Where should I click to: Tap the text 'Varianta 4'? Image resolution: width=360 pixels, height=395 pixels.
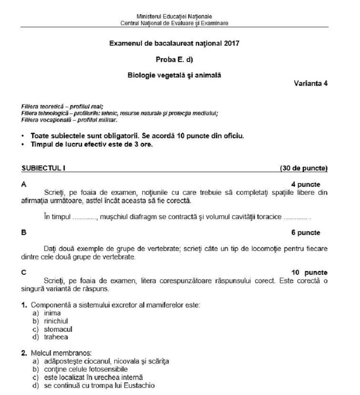coord(311,83)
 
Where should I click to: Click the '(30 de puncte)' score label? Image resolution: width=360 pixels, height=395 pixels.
coord(303,168)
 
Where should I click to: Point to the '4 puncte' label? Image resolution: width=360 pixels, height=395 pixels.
coord(306,184)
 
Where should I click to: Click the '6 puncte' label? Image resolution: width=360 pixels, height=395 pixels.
coord(306,232)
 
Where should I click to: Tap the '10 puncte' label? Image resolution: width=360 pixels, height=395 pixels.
coord(309,272)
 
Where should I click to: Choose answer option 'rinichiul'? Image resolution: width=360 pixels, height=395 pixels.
coord(56,321)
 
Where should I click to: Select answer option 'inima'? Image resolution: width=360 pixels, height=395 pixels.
coord(52,313)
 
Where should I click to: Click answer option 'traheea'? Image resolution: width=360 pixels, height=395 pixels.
coord(56,337)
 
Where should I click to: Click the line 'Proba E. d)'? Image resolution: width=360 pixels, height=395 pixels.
coord(174,59)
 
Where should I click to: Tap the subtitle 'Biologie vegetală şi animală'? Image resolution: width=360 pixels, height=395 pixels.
coord(174,75)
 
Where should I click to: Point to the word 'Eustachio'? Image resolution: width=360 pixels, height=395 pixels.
coord(141,385)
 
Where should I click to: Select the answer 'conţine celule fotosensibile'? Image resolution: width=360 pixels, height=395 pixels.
coord(86,369)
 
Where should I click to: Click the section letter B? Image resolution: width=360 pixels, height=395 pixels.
coord(23,232)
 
